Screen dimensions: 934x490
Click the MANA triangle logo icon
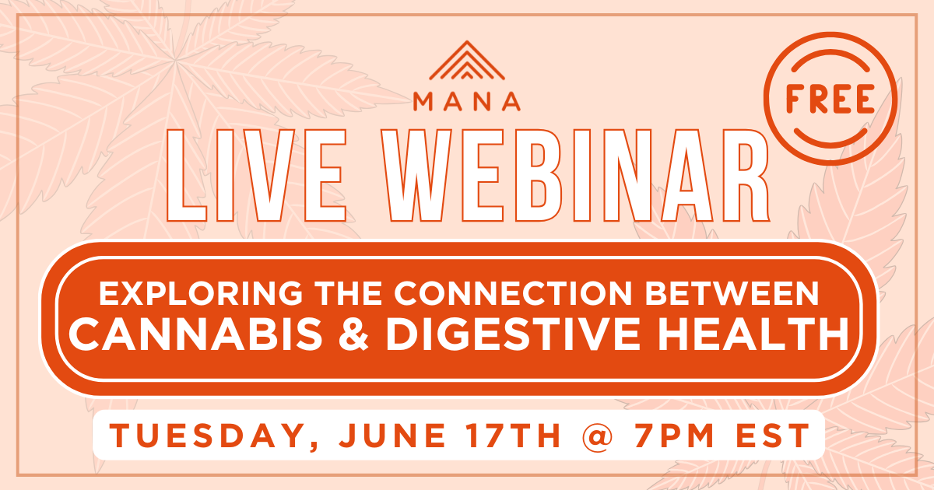467,61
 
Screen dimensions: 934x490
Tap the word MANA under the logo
467,102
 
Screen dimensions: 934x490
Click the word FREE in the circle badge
830,99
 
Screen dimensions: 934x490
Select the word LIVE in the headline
257,175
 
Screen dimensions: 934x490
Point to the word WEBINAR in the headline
575,175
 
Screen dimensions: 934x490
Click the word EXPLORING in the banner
201,294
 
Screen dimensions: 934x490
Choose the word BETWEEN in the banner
732,294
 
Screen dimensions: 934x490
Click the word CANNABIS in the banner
195,334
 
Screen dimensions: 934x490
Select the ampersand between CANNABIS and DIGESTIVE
353,334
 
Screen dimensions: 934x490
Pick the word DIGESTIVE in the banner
513,334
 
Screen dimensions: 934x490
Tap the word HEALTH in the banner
753,334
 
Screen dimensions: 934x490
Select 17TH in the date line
514,436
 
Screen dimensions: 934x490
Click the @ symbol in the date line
597,436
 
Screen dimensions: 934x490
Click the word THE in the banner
349,294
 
